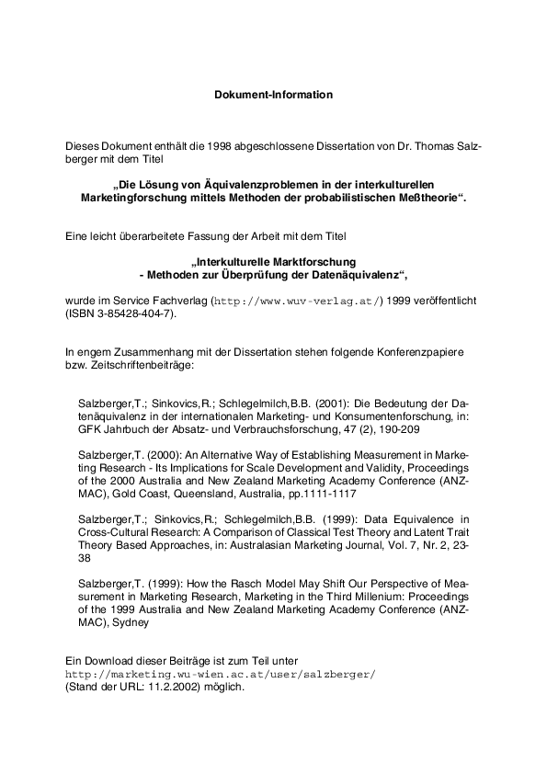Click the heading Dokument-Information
coord(273,95)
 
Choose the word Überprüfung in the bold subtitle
coord(264,275)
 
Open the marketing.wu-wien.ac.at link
coord(221,674)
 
